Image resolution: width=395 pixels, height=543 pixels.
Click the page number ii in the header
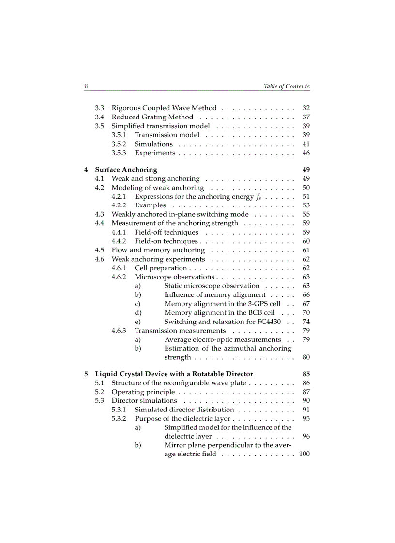[x=86, y=87]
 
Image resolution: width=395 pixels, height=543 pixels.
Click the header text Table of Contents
[x=287, y=87]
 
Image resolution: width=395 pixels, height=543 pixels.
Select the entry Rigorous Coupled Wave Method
[x=164, y=108]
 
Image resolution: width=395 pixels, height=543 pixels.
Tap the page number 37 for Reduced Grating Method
[x=305, y=117]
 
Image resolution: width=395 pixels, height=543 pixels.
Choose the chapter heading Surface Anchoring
[x=126, y=170]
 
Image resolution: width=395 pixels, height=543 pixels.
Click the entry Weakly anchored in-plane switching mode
[x=180, y=214]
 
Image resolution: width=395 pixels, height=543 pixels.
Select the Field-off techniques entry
[x=167, y=232]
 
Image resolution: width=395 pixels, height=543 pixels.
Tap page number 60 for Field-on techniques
[x=305, y=241]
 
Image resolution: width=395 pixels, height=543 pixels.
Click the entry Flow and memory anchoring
[x=158, y=250]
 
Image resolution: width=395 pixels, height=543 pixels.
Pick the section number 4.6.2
[x=119, y=277]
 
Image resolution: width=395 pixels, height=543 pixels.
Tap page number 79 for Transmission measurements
[x=305, y=331]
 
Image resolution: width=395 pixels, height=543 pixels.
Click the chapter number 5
[x=86, y=374]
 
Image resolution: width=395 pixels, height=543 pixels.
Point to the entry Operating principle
[x=143, y=392]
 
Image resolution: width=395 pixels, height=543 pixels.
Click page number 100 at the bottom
[x=304, y=454]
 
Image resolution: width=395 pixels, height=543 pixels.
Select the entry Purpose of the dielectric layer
[x=182, y=418]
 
